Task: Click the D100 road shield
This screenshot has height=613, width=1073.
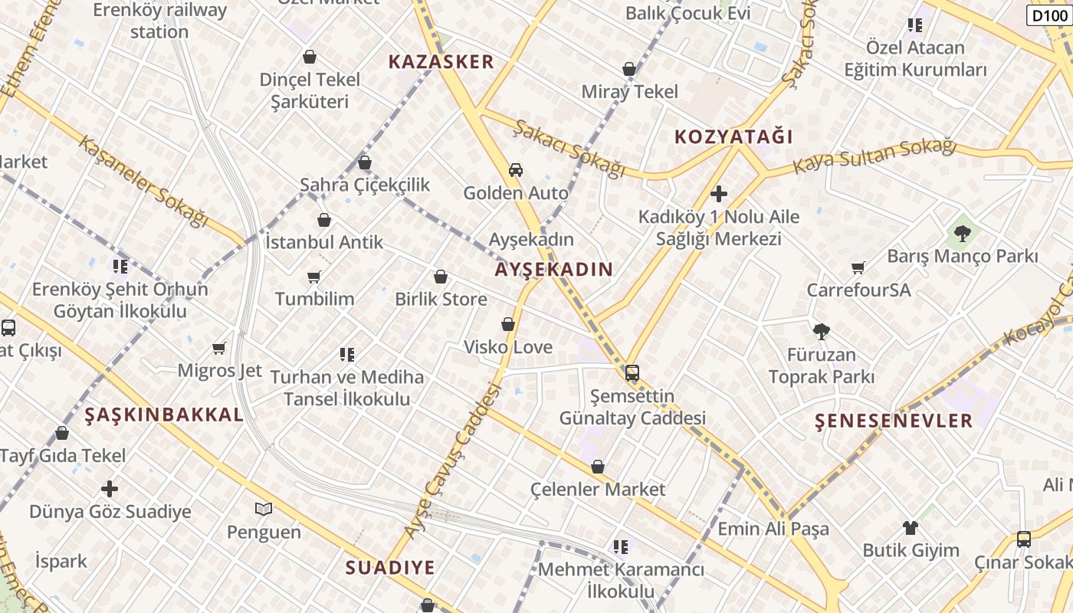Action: tap(1048, 15)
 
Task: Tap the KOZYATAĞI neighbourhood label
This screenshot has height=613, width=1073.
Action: tap(733, 137)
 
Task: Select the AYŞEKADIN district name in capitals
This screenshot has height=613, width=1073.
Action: tap(553, 269)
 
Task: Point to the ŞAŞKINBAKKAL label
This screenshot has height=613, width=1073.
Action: tap(163, 415)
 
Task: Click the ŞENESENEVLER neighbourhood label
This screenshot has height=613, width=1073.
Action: tap(894, 420)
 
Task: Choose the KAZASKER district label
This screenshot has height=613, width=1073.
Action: tap(441, 62)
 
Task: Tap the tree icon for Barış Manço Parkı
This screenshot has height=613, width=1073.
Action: tap(962, 233)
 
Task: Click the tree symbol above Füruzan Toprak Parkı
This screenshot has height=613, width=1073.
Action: tap(822, 332)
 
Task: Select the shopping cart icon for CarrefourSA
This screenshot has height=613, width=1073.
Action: tap(858, 267)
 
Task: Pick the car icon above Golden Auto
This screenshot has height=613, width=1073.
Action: tap(516, 169)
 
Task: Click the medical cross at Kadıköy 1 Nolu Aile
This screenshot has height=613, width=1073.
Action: tap(719, 194)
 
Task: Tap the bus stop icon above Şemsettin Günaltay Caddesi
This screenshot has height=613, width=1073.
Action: tap(632, 373)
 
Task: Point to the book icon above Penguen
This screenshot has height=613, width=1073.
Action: tap(263, 509)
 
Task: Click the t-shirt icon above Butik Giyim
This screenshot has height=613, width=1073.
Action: tap(910, 527)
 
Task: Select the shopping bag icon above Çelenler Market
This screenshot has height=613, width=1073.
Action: tap(598, 467)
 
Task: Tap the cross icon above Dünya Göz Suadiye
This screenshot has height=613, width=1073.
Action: tap(110, 488)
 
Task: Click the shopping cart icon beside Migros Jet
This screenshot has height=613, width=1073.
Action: tap(219, 349)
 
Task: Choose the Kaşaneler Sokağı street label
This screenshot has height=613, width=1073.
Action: tap(143, 182)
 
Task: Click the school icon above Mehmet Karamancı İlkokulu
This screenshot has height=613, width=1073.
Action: tap(620, 547)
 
